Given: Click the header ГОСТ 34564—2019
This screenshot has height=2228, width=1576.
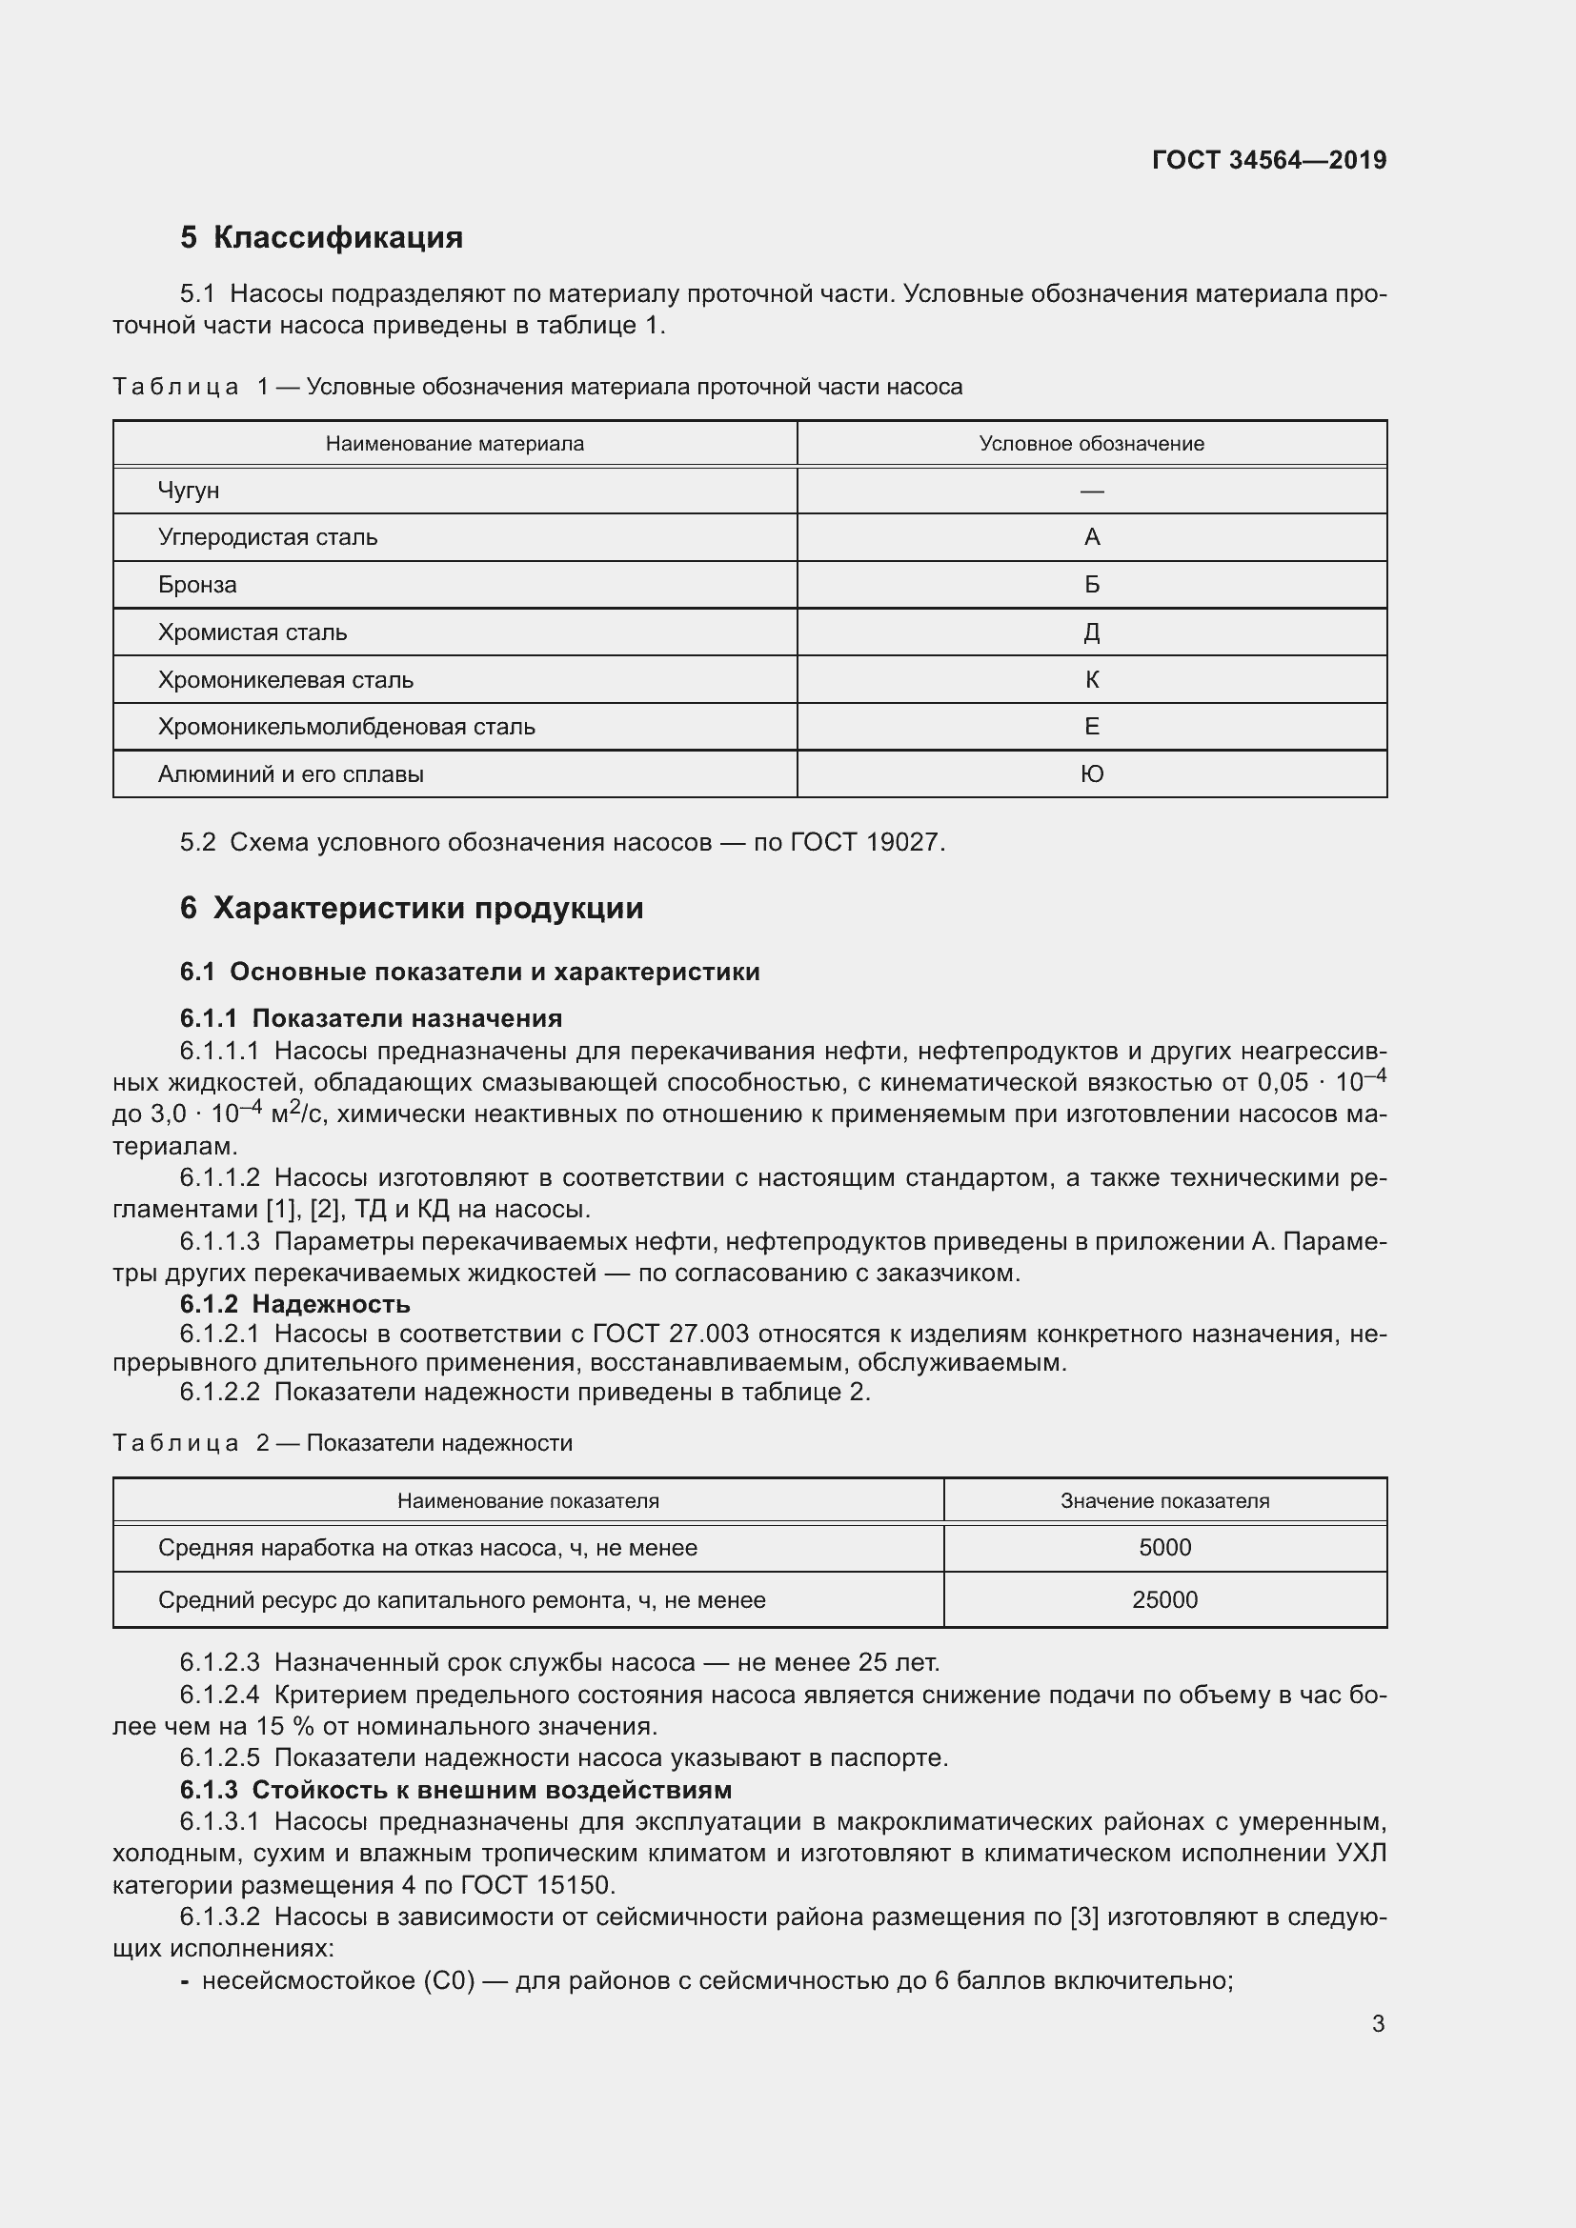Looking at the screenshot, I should coord(1268,160).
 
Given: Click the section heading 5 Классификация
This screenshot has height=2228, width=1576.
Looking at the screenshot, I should coord(321,238).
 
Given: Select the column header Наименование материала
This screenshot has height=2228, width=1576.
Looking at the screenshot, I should coord(455,445).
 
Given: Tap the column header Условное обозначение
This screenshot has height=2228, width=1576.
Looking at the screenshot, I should coord(1091,445).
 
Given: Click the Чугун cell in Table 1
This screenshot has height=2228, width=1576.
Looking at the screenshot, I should coord(189,491).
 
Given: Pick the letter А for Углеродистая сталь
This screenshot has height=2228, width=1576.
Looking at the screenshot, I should coord(1092,537).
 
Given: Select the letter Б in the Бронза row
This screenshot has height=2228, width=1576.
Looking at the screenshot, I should coord(1092,585).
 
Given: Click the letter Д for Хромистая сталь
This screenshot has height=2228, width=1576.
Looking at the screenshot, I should coord(1092,632).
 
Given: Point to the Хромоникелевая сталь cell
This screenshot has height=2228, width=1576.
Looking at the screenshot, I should coord(285,680).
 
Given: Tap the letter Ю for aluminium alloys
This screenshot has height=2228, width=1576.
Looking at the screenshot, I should coord(1092,774).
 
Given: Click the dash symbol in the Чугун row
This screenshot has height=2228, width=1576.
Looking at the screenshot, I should coord(1092,491).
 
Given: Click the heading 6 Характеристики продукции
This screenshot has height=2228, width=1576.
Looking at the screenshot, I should coord(412,909).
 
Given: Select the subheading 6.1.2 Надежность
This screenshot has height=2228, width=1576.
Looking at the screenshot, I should coord(295,1303).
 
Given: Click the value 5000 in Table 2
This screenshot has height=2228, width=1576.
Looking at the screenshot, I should coord(1164,1548).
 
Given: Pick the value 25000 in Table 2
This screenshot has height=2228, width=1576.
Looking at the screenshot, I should coord(1164,1600).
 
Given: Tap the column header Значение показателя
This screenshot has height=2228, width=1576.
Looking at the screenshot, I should coord(1164,1501).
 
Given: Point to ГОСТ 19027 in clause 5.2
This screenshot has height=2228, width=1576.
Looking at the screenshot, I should coord(865,842).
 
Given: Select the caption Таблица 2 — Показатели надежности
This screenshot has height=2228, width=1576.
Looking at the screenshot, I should coord(343,1443).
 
